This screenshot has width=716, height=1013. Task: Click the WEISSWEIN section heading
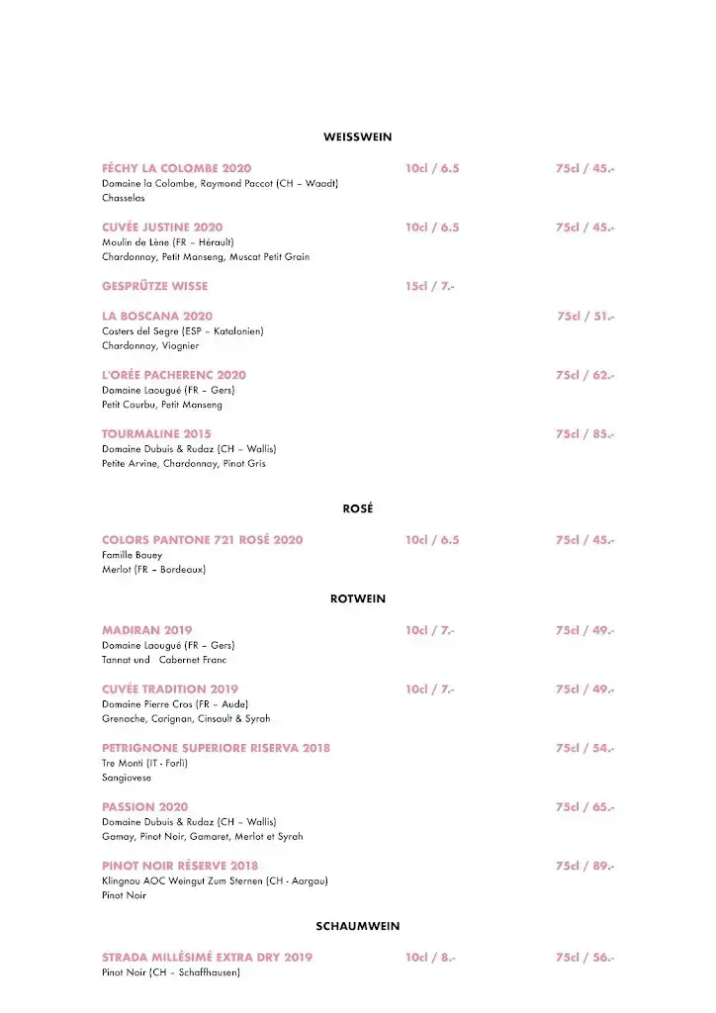coord(357,137)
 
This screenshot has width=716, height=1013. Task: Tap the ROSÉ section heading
coord(357,508)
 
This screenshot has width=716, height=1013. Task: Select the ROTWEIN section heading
coord(357,599)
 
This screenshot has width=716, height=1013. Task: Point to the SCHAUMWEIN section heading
coord(357,926)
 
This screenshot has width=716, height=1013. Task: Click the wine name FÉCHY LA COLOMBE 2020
coord(176,168)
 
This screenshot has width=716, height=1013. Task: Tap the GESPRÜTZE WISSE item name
coord(154,286)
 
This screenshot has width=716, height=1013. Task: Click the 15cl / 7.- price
coord(429,286)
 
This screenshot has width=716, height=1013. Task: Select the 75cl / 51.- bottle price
coord(585,316)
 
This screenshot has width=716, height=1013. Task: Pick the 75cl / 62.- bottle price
coord(584,375)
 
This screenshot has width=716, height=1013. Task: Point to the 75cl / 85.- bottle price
coord(584,433)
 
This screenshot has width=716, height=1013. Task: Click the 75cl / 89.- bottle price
coord(584,866)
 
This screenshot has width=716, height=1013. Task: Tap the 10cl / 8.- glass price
coord(429,957)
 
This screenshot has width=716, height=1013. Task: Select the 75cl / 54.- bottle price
coord(584,748)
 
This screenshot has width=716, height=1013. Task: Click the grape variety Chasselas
coord(124,198)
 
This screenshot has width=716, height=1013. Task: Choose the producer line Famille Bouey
coord(132,555)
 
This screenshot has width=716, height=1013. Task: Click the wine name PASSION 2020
coord(144,806)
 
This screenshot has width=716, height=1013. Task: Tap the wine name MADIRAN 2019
coord(146,630)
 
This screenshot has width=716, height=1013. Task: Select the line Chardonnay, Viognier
coord(150,346)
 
